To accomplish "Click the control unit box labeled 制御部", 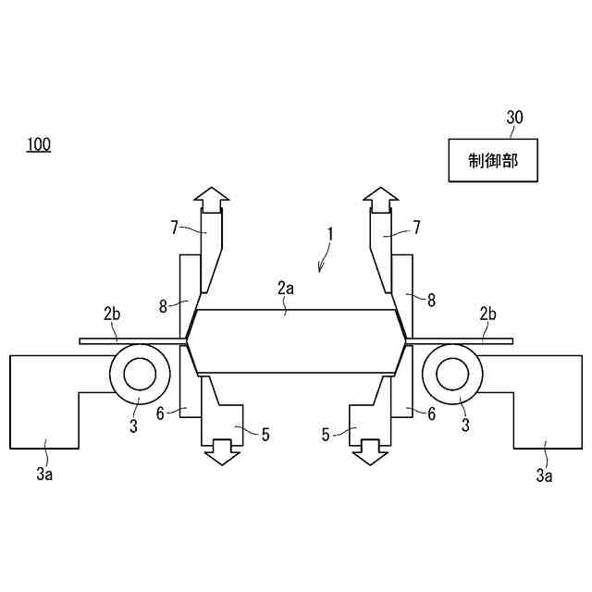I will [x=492, y=160].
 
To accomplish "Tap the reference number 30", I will [x=514, y=117].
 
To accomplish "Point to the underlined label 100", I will [x=39, y=144].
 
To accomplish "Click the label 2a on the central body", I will [x=286, y=289].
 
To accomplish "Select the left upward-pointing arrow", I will [x=212, y=197].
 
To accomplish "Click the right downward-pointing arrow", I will [x=371, y=451].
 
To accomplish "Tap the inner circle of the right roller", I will [x=453, y=374].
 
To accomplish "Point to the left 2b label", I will [x=112, y=314].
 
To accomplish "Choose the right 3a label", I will [x=546, y=475].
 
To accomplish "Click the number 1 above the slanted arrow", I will [x=331, y=235].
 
